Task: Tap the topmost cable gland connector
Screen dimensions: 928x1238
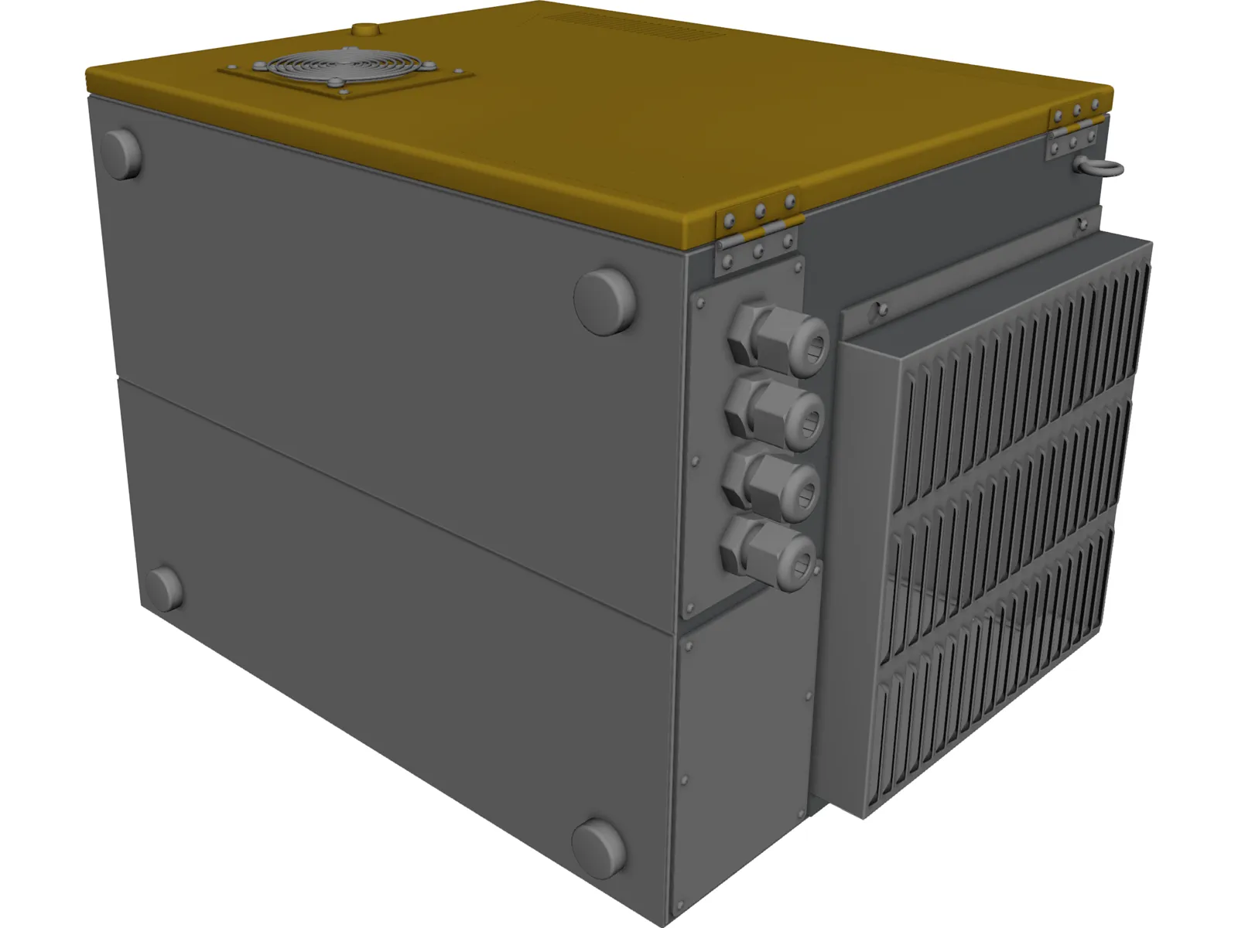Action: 778,340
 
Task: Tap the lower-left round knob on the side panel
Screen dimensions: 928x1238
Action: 164,587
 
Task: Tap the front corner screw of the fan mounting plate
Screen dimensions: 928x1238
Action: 343,96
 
